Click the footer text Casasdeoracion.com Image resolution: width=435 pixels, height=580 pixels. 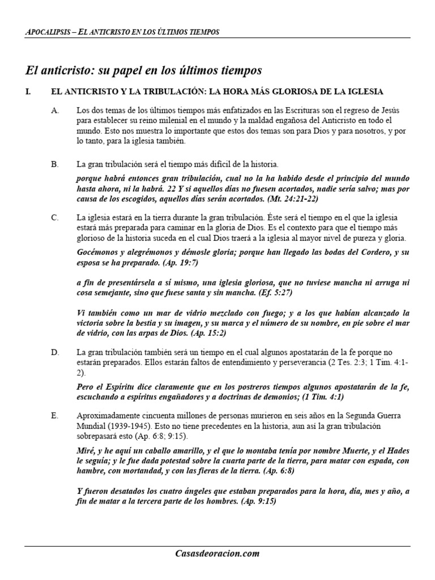pyautogui.click(x=217, y=554)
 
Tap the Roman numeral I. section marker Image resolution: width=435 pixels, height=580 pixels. pyautogui.click(x=28, y=92)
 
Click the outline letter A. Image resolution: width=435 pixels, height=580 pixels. pyautogui.click(x=55, y=110)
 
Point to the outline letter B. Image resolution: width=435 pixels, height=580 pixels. pyautogui.click(x=55, y=165)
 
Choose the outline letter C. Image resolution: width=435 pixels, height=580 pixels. pyautogui.click(x=55, y=217)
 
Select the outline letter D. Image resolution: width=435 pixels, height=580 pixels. pyautogui.click(x=55, y=352)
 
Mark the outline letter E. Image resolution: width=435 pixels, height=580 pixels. pyautogui.click(x=55, y=416)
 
